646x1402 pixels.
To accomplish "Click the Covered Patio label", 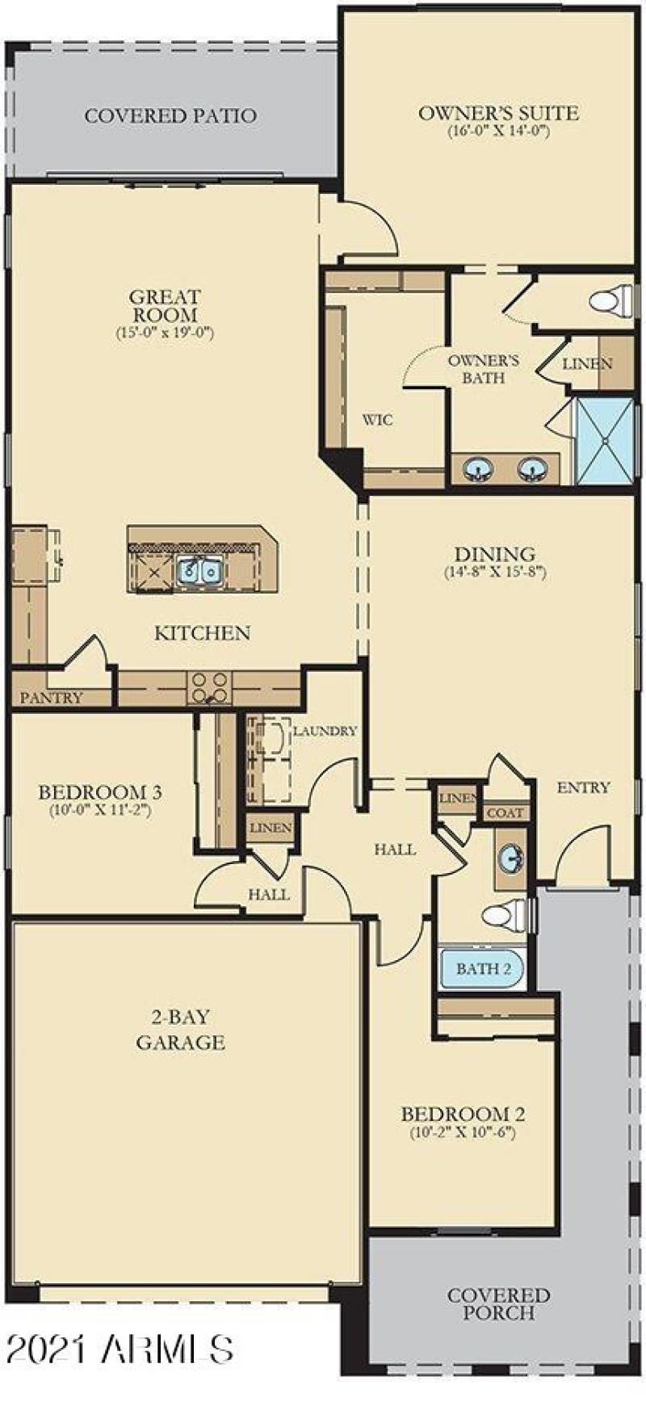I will tap(170, 115).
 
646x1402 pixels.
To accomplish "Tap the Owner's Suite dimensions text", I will tap(498, 131).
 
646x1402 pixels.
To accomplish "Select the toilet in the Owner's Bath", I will tap(611, 301).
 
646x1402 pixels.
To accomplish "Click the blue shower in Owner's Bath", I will tap(604, 440).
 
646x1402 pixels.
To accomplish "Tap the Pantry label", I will tap(51, 698).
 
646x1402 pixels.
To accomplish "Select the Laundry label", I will tap(325, 731).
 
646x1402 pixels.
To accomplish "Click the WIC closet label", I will tap(377, 420).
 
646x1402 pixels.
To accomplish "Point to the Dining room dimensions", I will tap(495, 573).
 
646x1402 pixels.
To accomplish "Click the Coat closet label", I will tap(505, 813).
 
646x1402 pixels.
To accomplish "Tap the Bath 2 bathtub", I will tap(482, 968).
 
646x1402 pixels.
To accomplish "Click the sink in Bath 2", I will tap(510, 858).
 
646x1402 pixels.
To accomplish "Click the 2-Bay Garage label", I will tap(180, 1030).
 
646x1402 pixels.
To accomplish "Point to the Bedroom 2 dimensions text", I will tap(463, 1132).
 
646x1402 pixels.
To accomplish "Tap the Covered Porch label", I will tap(498, 1304).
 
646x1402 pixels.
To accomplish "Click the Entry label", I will tap(583, 787).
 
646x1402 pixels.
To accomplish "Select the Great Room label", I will tap(165, 305).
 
